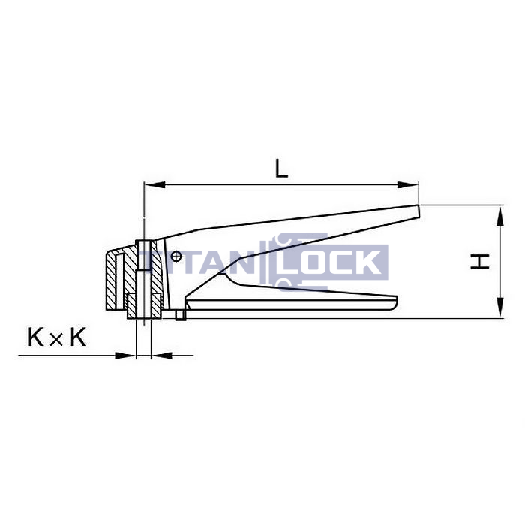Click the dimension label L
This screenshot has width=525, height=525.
[281, 169]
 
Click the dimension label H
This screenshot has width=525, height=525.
[480, 262]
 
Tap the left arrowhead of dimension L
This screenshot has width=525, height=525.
[154, 184]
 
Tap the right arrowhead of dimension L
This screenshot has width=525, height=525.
[408, 184]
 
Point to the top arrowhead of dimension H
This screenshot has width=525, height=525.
[500, 216]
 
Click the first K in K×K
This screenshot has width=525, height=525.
[34, 337]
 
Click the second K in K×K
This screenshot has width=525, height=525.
[78, 337]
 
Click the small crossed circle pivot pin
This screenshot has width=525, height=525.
[176, 256]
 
